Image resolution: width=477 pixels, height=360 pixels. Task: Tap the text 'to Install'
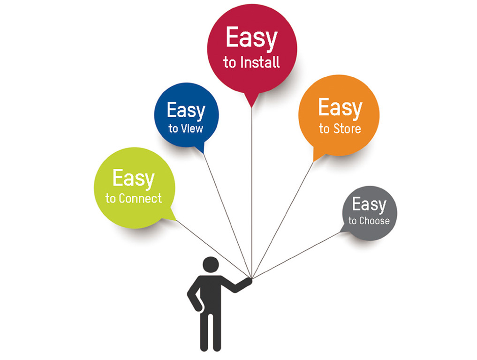pyautogui.click(x=251, y=62)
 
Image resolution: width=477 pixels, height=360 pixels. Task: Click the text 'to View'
pyautogui.click(x=186, y=128)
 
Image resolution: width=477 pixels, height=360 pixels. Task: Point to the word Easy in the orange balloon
pyautogui.click(x=340, y=108)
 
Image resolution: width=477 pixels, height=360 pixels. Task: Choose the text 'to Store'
pyautogui.click(x=340, y=128)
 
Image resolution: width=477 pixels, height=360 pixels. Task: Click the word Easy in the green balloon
pyautogui.click(x=134, y=178)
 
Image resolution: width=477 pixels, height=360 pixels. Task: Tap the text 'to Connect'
pyautogui.click(x=134, y=198)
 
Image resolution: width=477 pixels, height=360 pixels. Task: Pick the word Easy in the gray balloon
pyautogui.click(x=369, y=204)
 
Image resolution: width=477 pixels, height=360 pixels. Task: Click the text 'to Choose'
pyautogui.click(x=369, y=221)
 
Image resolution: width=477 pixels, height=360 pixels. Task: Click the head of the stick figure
pyautogui.click(x=210, y=265)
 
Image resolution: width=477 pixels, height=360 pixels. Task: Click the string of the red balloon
pyautogui.click(x=252, y=187)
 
